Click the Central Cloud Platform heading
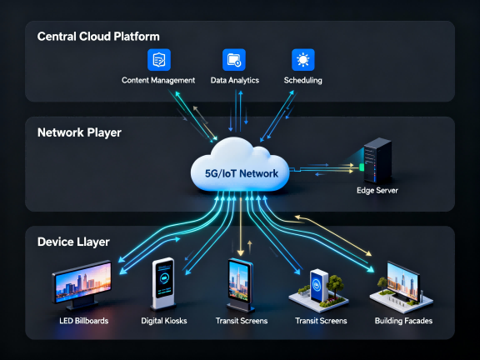click(98, 37)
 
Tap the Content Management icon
click(159, 60)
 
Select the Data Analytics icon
click(234, 60)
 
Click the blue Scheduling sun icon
click(303, 60)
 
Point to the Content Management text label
click(158, 80)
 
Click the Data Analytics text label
click(235, 80)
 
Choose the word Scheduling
click(302, 80)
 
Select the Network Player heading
click(79, 132)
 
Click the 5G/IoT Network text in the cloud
click(242, 173)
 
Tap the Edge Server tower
click(377, 160)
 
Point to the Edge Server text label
click(377, 190)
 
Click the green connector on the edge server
click(362, 167)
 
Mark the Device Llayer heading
click(73, 242)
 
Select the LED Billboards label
click(84, 321)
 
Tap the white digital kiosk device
click(164, 283)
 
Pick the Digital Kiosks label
click(164, 321)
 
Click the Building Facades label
click(403, 321)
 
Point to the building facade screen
click(402, 281)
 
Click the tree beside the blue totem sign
click(334, 285)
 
